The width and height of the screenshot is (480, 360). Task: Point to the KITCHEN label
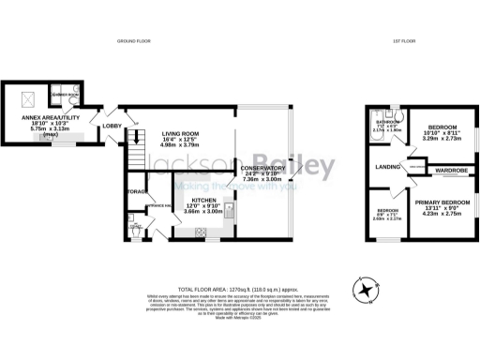(x=205, y=200)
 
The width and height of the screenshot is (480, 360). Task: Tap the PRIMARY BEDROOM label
(x=442, y=202)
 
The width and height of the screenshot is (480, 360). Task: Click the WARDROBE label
(x=449, y=171)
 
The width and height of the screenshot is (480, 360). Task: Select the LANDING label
(x=383, y=168)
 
